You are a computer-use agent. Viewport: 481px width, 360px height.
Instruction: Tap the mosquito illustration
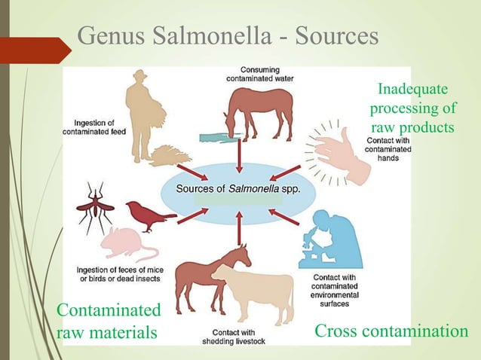coord(94,204)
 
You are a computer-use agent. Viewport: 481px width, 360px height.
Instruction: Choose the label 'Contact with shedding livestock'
coord(238,337)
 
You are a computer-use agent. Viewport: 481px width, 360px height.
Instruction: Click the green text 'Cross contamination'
coord(391,331)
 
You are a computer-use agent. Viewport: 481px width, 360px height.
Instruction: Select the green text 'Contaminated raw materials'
coord(109,321)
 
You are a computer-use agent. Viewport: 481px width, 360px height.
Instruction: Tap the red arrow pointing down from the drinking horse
coord(239,155)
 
